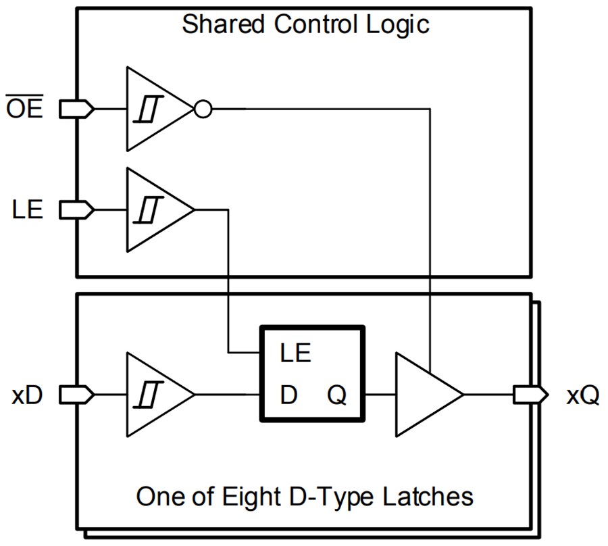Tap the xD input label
[x=27, y=395]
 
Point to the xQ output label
[x=582, y=395]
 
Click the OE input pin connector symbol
[x=77, y=108]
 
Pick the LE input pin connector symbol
[x=77, y=210]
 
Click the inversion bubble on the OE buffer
[x=203, y=108]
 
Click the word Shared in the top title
[x=224, y=25]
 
